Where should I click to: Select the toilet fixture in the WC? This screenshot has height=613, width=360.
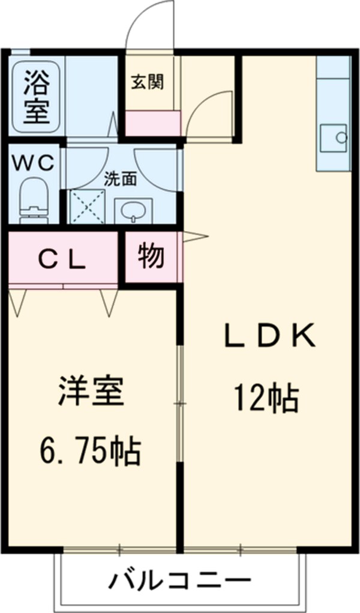coord(34,200)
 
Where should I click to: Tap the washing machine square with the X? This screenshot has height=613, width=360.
coord(88,207)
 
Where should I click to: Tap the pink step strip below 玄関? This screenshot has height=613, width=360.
coord(152,123)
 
